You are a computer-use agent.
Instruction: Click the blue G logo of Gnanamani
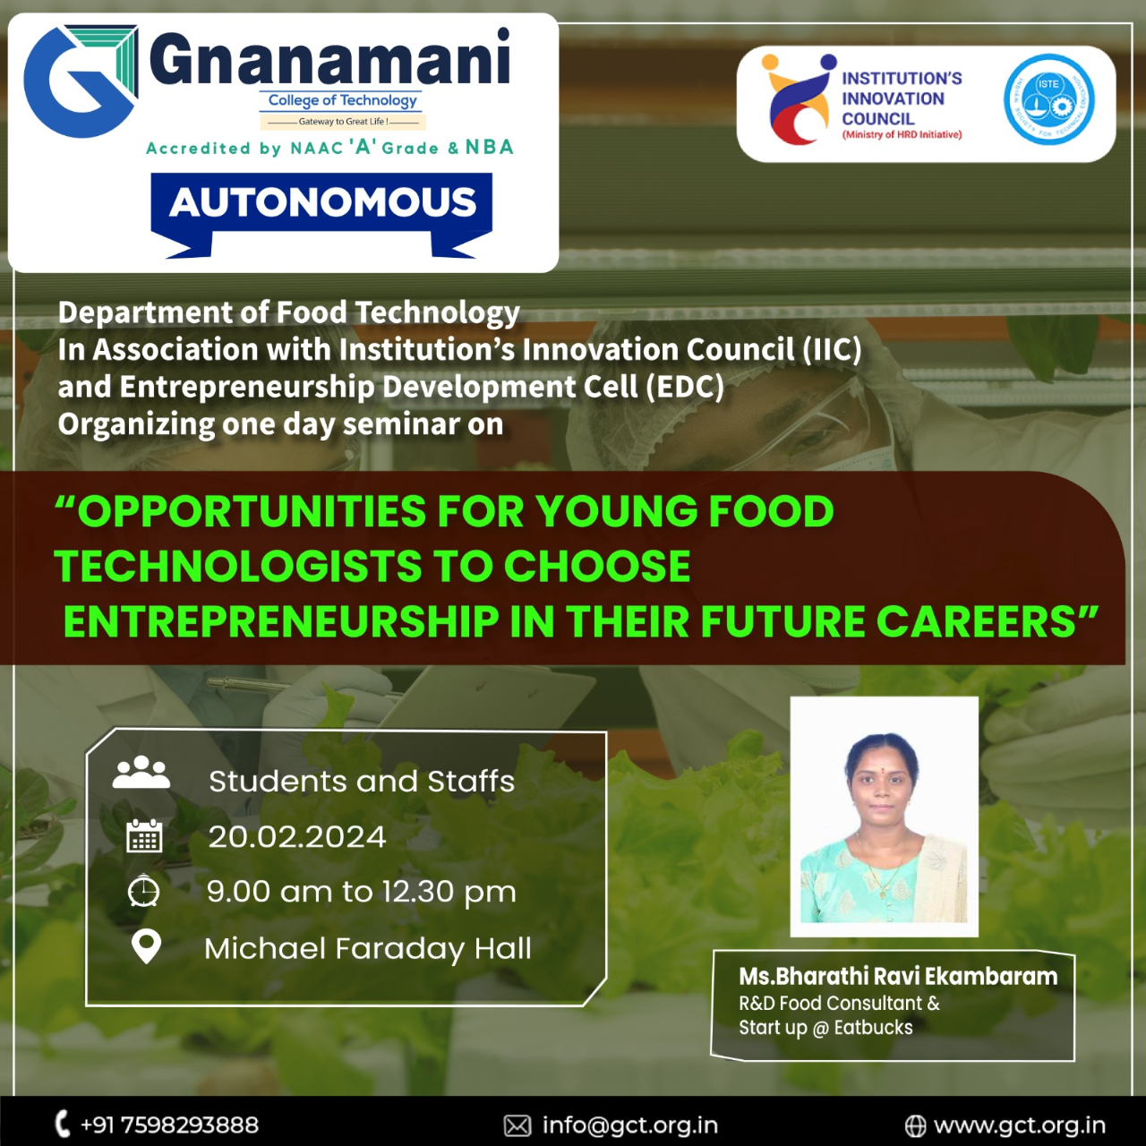(81, 81)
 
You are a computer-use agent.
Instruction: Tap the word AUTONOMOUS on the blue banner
(322, 202)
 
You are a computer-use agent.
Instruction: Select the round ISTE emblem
(1048, 99)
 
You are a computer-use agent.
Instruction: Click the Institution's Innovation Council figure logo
(798, 99)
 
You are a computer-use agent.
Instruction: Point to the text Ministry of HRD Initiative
(902, 135)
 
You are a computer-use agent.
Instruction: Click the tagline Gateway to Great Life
(343, 122)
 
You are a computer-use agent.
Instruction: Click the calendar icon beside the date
(144, 836)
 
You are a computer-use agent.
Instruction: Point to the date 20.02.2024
(296, 837)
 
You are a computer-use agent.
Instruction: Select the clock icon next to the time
(143, 891)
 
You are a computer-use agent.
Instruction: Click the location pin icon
(146, 945)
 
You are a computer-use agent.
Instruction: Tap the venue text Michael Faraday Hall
(368, 948)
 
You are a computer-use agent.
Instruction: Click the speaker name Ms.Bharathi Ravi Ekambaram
(898, 977)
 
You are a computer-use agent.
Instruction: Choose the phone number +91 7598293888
(169, 1125)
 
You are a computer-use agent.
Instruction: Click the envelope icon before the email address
(517, 1125)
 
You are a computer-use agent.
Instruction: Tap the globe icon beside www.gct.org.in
(915, 1125)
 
